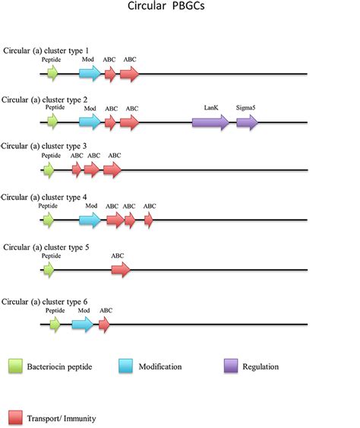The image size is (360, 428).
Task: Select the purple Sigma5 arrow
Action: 247,122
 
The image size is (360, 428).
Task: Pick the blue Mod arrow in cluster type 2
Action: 90,122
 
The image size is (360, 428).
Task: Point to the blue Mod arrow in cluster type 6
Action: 82,325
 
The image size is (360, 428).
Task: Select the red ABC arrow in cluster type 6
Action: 104,325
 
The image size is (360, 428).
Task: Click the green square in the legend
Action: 17,366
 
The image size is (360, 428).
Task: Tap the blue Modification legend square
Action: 127,366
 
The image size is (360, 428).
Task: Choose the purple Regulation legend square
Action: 232,366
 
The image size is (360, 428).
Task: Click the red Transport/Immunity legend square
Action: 17,416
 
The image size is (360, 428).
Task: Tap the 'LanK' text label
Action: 211,108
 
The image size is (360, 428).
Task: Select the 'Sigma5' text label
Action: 245,108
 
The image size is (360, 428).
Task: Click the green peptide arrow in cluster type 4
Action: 49,220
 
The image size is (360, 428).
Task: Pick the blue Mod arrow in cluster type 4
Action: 90,220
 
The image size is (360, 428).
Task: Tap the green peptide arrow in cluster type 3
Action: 49,170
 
